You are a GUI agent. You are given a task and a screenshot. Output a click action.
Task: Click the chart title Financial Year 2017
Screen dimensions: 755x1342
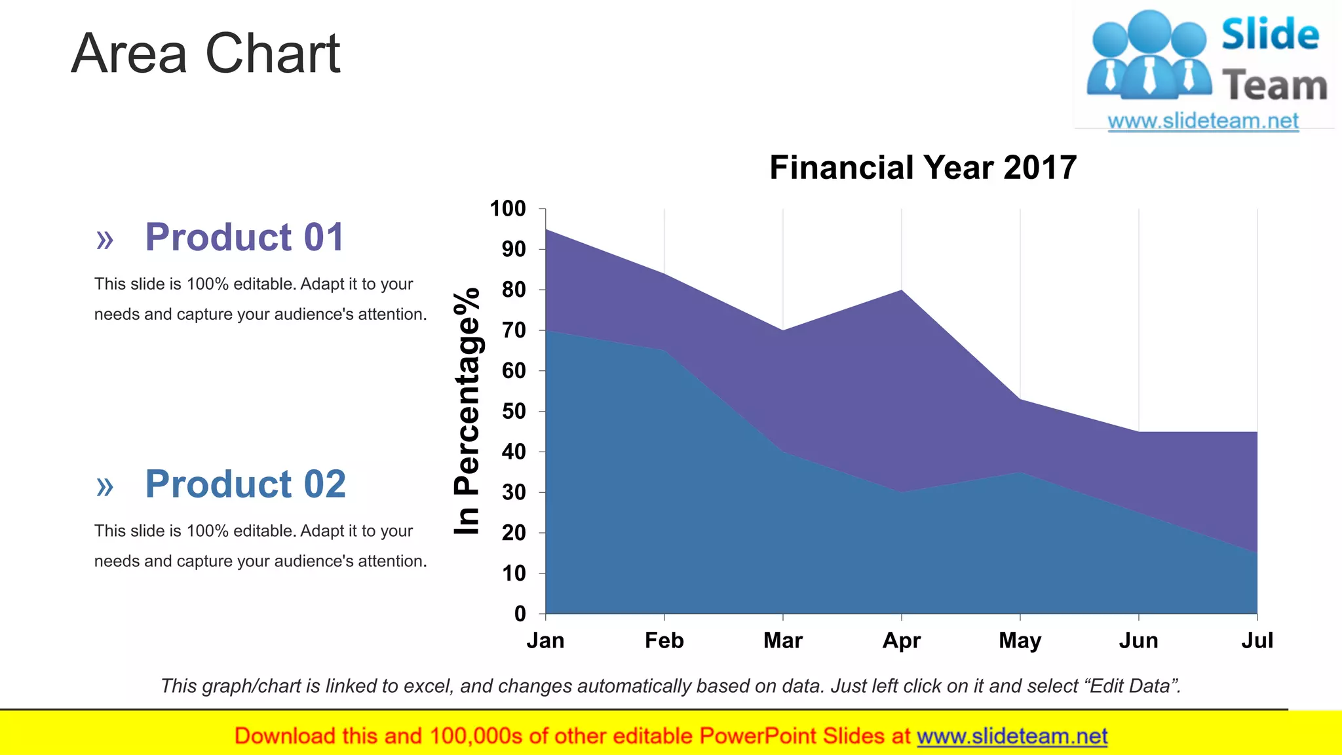click(x=923, y=167)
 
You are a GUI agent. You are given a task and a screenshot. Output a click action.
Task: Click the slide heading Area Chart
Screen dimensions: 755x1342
click(x=206, y=53)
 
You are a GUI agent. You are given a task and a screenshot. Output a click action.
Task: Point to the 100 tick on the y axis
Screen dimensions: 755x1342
click(x=508, y=209)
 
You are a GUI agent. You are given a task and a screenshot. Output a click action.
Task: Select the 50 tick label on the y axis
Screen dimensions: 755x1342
click(x=514, y=412)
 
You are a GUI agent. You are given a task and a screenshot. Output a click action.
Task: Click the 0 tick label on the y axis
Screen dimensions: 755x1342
click(x=520, y=614)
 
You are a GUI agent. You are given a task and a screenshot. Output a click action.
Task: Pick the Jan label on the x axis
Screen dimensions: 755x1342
click(x=545, y=640)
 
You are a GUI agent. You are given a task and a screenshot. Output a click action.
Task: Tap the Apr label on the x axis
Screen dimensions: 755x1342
click(x=902, y=640)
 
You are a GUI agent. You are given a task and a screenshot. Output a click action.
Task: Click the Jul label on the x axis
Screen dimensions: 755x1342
click(x=1257, y=640)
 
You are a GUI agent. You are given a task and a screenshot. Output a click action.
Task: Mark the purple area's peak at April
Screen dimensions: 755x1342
click(x=902, y=290)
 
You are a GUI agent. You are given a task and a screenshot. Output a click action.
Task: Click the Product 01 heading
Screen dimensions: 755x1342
click(x=244, y=237)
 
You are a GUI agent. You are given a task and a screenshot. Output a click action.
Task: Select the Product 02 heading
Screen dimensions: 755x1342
click(x=245, y=484)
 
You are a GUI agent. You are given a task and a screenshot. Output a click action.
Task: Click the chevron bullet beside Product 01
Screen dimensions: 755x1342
click(x=105, y=240)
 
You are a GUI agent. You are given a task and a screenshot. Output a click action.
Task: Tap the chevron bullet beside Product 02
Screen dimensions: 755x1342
click(x=105, y=487)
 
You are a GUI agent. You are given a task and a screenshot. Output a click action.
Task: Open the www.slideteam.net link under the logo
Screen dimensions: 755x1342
click(x=1203, y=121)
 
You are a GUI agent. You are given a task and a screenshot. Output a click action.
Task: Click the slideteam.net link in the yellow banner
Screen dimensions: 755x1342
click(x=1012, y=736)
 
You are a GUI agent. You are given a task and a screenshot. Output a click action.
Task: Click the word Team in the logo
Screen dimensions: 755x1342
click(x=1275, y=86)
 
